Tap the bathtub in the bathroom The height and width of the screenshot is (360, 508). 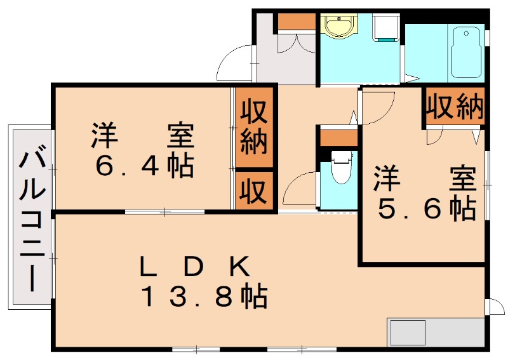[x=466, y=53]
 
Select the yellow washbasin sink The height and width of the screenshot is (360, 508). [x=339, y=25]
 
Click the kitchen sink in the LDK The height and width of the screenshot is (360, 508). [x=408, y=333]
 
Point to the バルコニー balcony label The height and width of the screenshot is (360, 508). [x=31, y=221]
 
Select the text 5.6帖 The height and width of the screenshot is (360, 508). [x=427, y=209]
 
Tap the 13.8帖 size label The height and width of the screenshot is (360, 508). [x=204, y=295]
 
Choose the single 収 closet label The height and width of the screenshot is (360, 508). [x=254, y=191]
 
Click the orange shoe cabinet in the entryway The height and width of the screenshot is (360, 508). [x=297, y=22]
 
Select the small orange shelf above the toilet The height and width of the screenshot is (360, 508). [x=338, y=138]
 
